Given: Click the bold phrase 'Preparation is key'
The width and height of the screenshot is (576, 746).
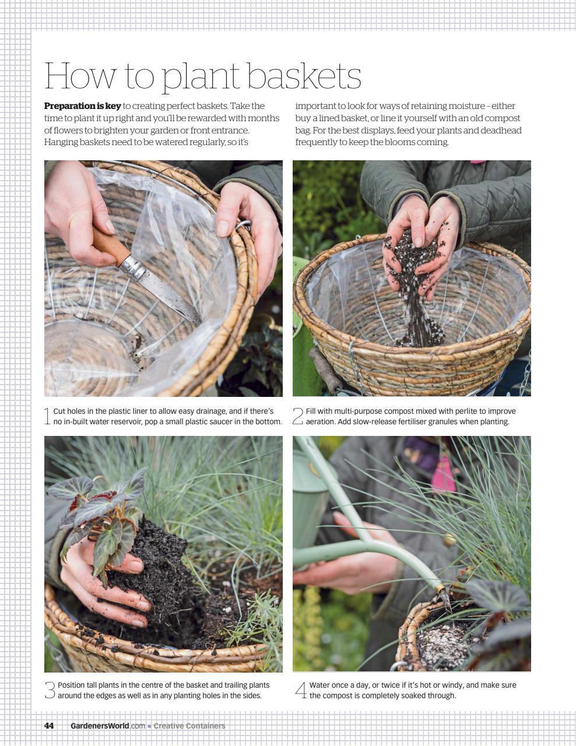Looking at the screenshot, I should (x=82, y=106).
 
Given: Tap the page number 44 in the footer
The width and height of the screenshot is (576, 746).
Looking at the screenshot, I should (x=49, y=726).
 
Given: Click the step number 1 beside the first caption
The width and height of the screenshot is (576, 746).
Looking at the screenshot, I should (x=47, y=416).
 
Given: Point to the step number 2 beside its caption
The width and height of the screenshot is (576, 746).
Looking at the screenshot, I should (x=297, y=416).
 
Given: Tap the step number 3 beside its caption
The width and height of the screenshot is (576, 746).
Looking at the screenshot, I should (x=50, y=690).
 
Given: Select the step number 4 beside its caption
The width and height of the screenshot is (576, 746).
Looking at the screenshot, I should (x=300, y=690).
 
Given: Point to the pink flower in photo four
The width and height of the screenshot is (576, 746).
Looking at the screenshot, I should (x=441, y=475).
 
